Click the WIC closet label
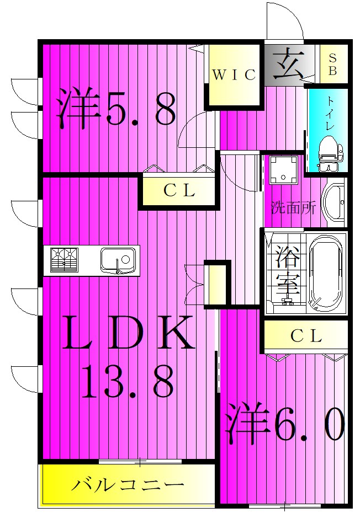pyautogui.click(x=234, y=75)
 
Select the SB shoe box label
pyautogui.click(x=332, y=65)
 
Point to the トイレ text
pyautogui.click(x=330, y=113)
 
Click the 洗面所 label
pyautogui.click(x=293, y=207)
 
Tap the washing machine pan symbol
pyautogui.click(x=283, y=169)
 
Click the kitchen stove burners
pyautogui.click(x=64, y=260)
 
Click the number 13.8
pyautogui.click(x=127, y=382)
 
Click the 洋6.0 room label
pyautogui.click(x=284, y=423)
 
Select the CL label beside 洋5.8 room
pyautogui.click(x=179, y=191)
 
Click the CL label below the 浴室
pyautogui.click(x=306, y=336)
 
